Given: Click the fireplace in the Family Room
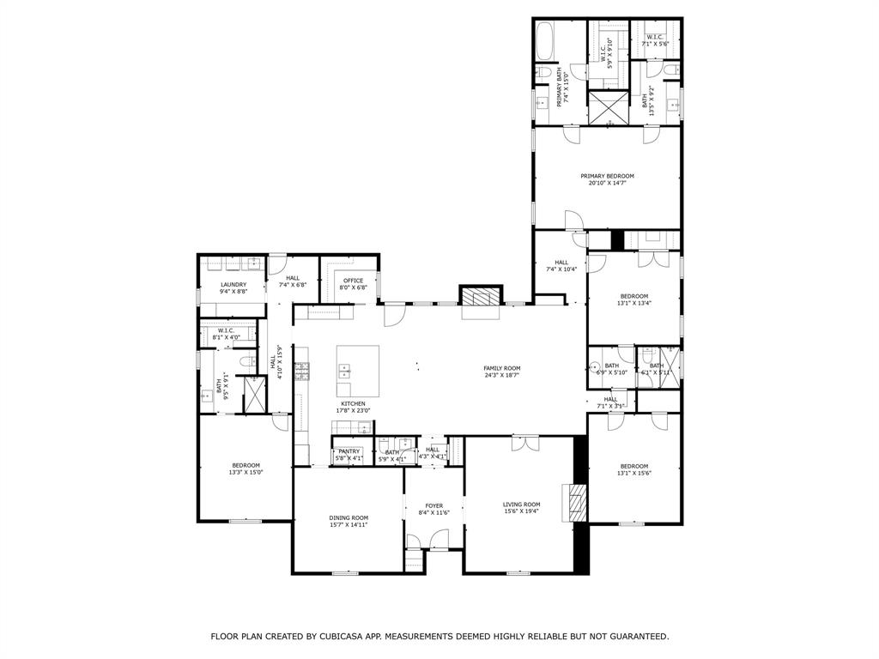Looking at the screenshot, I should [479, 296].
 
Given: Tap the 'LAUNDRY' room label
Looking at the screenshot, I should [233, 285].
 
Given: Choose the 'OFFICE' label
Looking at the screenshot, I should [354, 281].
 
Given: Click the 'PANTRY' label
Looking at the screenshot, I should [349, 451].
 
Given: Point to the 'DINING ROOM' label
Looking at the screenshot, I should [349, 517].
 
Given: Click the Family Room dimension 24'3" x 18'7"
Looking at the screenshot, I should [501, 375].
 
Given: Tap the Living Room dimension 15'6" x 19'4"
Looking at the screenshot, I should [521, 511].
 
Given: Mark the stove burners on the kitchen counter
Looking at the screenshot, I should [301, 371].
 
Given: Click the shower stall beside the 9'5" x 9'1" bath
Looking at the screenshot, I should [256, 393].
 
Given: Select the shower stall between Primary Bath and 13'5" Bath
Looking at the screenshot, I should [610, 107].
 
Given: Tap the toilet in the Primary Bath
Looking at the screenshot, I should [543, 73].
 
